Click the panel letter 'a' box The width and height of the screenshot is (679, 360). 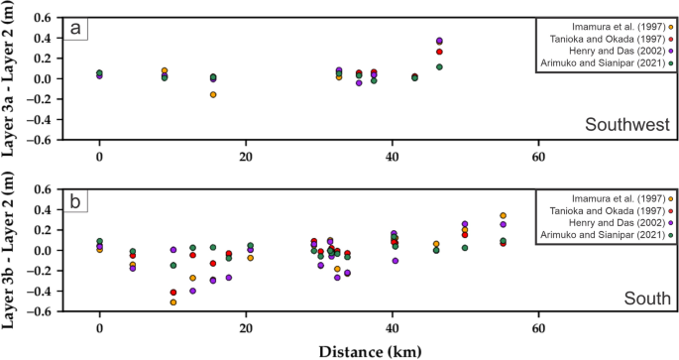tap(75, 30)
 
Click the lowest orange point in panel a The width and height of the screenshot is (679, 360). tap(213, 94)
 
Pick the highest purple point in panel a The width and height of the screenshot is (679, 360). tap(439, 41)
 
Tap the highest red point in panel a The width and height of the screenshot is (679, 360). tap(439, 52)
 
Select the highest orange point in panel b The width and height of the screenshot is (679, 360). tap(504, 215)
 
